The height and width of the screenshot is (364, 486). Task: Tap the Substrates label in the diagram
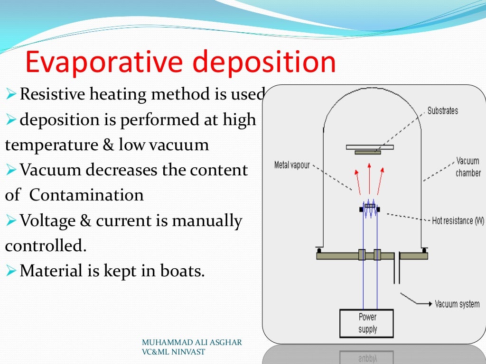point(442,111)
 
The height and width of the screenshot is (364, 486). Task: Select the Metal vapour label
point(292,165)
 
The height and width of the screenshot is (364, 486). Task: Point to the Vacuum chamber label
point(468,167)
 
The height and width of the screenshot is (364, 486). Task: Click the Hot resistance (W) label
point(458,221)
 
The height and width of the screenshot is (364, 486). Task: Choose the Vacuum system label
point(457,304)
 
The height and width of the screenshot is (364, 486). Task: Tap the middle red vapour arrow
point(369,178)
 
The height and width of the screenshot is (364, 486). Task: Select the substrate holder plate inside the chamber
point(369,147)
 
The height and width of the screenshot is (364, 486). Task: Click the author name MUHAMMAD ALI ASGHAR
point(192,343)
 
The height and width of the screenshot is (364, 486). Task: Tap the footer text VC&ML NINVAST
point(173,352)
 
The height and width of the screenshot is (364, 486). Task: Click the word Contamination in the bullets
point(86,195)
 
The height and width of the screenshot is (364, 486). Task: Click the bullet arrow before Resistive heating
point(11,95)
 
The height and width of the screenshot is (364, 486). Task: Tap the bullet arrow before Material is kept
point(11,272)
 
